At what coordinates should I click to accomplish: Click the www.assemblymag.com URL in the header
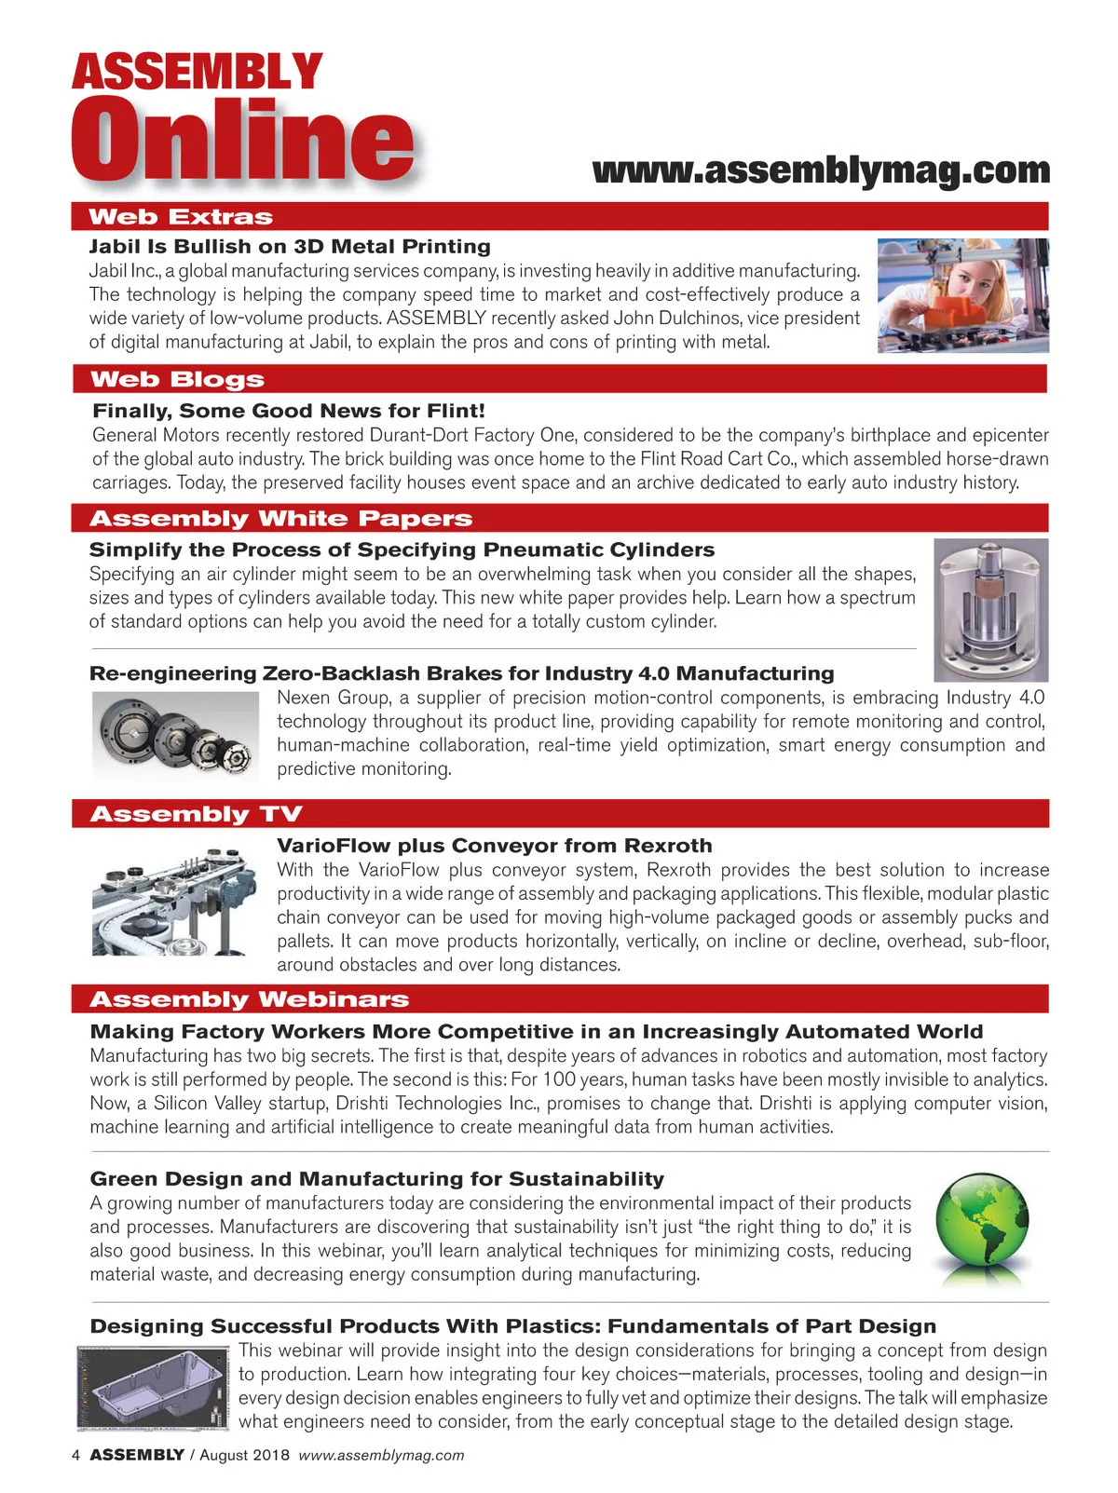tap(821, 170)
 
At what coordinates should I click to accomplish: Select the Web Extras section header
tap(181, 217)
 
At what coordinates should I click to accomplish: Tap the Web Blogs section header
tap(177, 379)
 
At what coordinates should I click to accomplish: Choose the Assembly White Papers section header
tap(280, 519)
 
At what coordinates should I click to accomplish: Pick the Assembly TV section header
tap(196, 814)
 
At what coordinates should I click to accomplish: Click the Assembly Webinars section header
tap(249, 999)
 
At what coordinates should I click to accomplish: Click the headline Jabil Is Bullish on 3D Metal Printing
tap(290, 247)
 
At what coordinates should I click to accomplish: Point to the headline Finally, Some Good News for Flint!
tap(289, 411)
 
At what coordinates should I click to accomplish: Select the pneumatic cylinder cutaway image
tap(990, 610)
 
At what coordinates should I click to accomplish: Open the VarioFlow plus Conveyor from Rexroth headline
tap(494, 846)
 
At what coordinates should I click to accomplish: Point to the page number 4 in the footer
tap(76, 1456)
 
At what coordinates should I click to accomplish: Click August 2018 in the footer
tap(244, 1456)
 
